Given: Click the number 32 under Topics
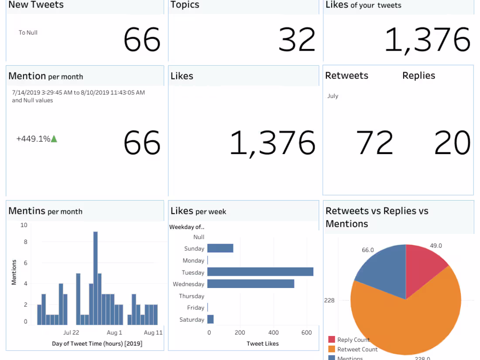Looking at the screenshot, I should coord(297,40).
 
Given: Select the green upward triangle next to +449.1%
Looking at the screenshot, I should coord(54,139).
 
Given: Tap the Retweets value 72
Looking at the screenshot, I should coord(374,143).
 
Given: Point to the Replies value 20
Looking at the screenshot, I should coord(452,143).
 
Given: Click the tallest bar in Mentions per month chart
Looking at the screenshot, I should coord(95,278).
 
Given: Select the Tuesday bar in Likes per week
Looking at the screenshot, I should coord(260,272).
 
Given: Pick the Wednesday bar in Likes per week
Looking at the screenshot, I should coord(250,284).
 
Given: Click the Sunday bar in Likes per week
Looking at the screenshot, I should coord(220,248).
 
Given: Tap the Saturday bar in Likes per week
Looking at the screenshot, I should coord(210,319).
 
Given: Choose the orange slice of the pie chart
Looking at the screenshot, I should coord(406,323).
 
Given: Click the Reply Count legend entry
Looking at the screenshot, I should coord(353,339).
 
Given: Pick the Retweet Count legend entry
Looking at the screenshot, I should coord(357,349).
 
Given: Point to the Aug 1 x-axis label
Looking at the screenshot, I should coord(115,333).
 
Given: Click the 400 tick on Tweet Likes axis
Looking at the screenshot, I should coord(274,333).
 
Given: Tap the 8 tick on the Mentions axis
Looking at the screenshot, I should coord(25,242).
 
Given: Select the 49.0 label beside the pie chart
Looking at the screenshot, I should coord(435,246).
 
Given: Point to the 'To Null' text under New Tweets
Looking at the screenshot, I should coord(28,32).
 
